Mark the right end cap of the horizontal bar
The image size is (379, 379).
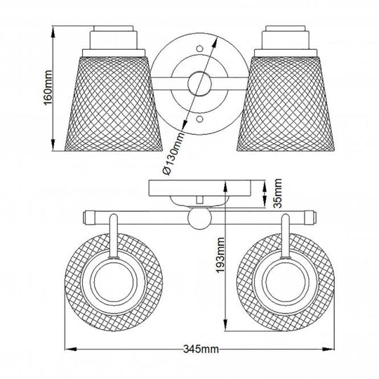click(x=310, y=216)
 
